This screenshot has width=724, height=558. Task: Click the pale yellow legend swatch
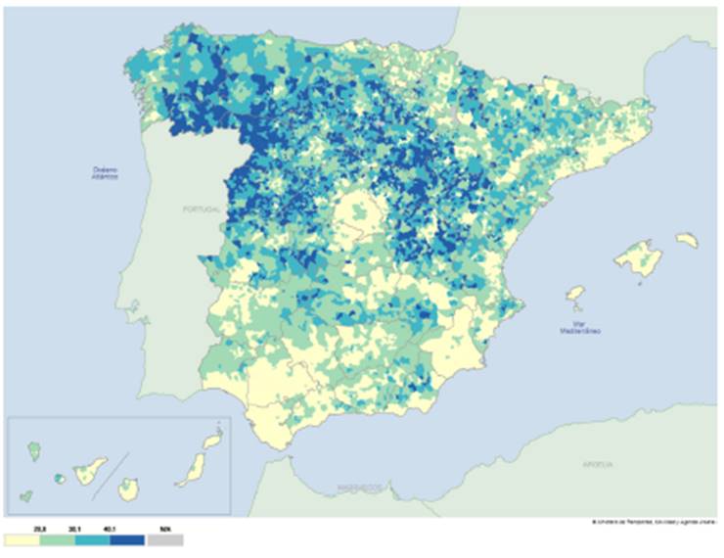tap(24, 539)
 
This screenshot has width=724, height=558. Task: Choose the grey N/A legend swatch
tap(167, 539)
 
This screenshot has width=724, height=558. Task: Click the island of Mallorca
tap(639, 260)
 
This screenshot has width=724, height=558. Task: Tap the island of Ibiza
tap(576, 295)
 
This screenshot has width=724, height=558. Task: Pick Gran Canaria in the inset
tap(128, 488)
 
